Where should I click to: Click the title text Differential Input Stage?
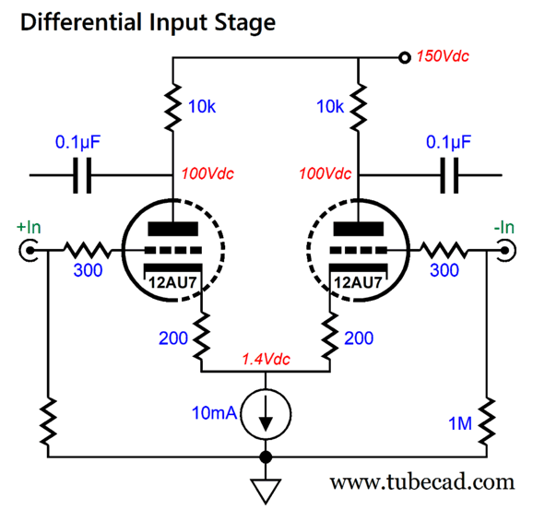point(147,21)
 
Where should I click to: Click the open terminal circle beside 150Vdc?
point(404,58)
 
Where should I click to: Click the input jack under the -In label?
point(503,249)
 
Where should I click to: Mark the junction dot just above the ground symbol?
point(266,457)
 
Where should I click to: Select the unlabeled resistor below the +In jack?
point(48,421)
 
